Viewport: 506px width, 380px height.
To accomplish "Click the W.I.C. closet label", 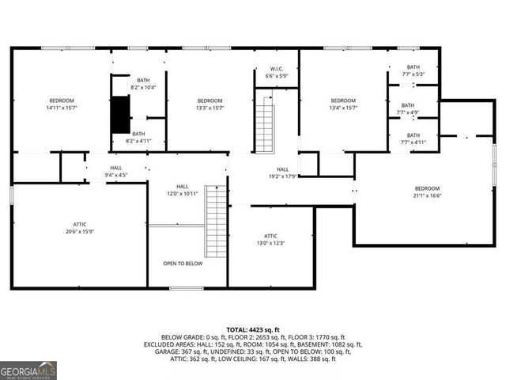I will tap(276, 72).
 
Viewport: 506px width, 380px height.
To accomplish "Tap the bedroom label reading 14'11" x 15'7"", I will tap(62, 104).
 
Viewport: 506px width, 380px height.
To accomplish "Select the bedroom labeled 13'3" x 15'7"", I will tap(210, 104).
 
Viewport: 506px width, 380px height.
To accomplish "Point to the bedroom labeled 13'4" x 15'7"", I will tap(342, 104).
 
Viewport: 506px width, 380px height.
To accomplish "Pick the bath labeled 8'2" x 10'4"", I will tap(143, 84).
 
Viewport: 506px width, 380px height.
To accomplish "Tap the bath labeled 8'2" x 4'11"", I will tap(138, 138).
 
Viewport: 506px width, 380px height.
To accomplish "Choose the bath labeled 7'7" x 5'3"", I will tap(413, 70).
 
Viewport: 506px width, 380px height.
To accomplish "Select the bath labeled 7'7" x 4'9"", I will tap(407, 109).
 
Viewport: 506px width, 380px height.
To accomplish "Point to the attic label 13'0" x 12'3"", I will tap(270, 240).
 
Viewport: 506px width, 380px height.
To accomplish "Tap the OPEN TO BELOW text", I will tap(183, 264).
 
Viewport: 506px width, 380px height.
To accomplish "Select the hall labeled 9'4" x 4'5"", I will tap(116, 172).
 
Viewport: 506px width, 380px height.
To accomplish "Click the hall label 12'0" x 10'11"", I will tap(182, 190).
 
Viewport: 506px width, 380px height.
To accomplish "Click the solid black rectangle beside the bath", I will tap(119, 113).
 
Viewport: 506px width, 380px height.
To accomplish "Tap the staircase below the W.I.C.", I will tap(264, 124).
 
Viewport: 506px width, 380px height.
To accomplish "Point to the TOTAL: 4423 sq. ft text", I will tap(253, 329).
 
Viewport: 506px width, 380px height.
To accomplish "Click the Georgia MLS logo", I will tap(28, 370).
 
